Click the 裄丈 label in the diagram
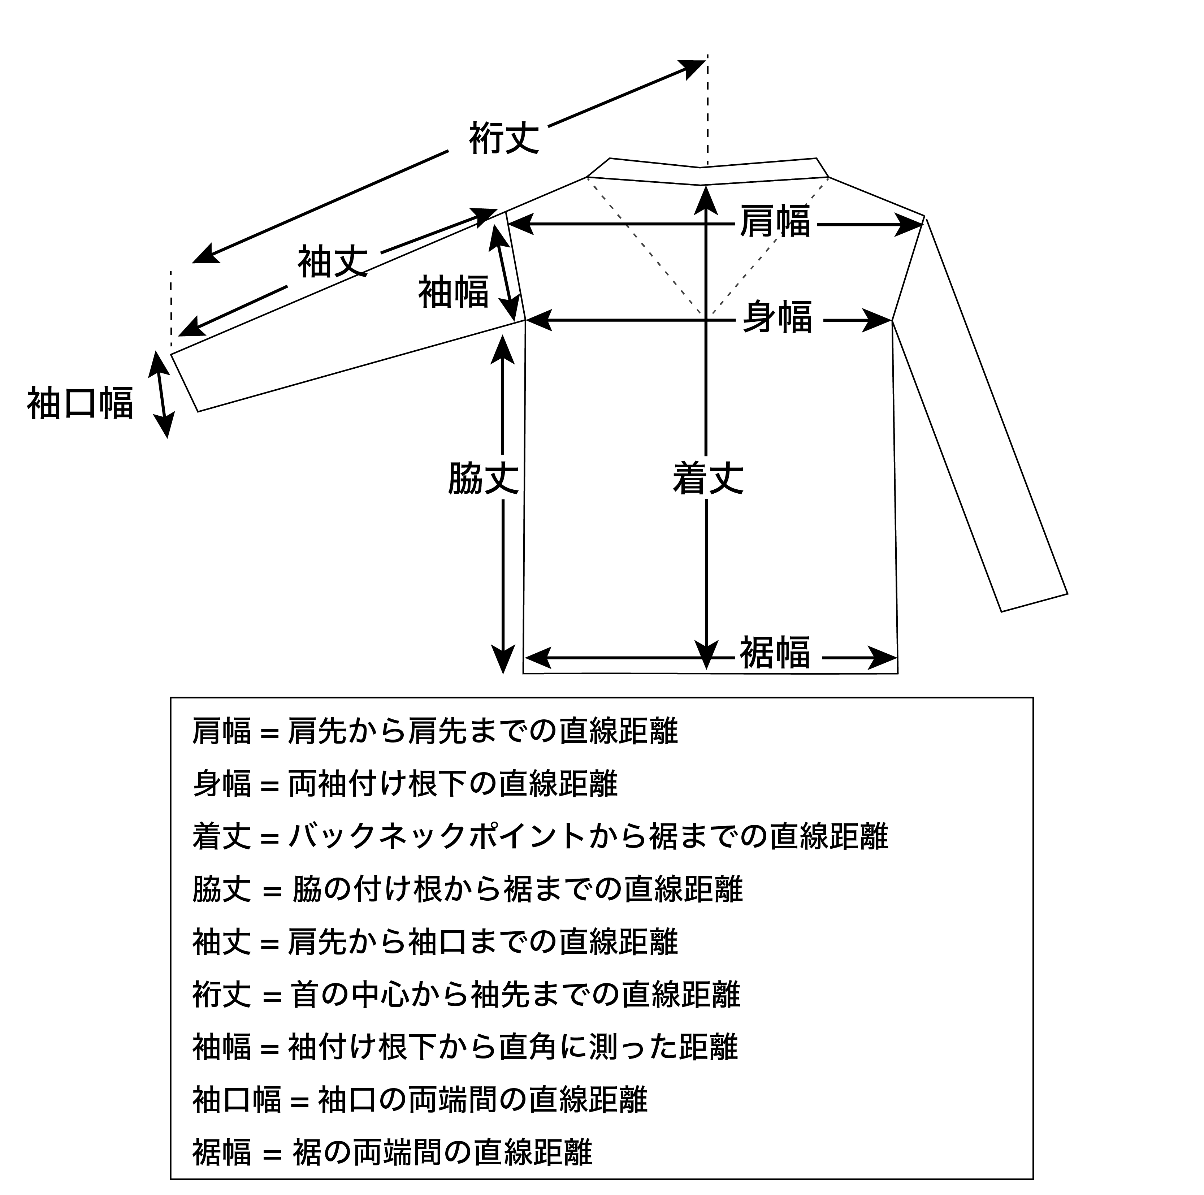pyautogui.click(x=504, y=138)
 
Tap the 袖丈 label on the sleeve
pyautogui.click(x=333, y=262)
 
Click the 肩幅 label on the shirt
pyautogui.click(x=775, y=221)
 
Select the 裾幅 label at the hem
pyautogui.click(x=775, y=652)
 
